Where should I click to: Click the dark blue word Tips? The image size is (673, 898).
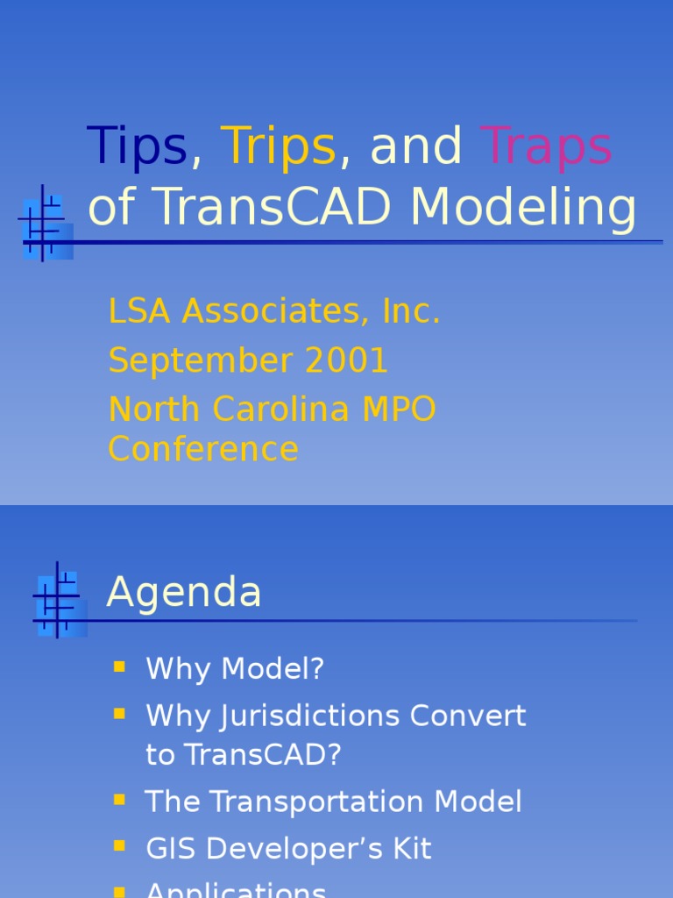tap(137, 146)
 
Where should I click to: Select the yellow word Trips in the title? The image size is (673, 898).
tap(278, 146)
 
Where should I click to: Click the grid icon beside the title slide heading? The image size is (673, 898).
tap(45, 224)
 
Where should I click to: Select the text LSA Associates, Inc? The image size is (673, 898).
tap(274, 311)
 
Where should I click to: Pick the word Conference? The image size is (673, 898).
tap(203, 449)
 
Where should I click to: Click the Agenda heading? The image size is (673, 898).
tap(184, 592)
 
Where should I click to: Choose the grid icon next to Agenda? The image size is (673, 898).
tap(59, 601)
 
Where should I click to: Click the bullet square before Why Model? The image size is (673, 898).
tap(120, 667)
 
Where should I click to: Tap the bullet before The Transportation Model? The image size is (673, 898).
tap(120, 800)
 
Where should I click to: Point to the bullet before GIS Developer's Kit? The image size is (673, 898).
tap(120, 847)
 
